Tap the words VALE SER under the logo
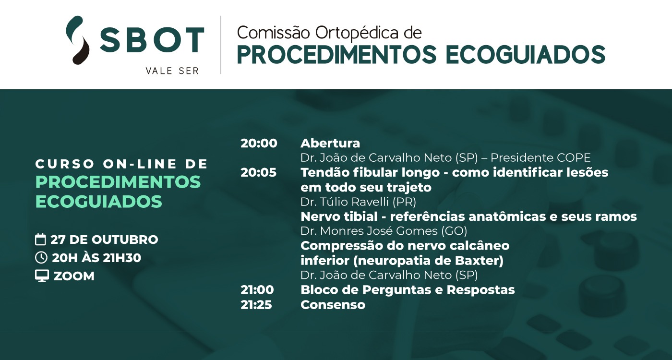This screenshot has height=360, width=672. click(x=172, y=71)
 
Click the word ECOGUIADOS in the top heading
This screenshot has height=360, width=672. click(x=525, y=55)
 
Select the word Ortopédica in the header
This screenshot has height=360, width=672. click(x=357, y=34)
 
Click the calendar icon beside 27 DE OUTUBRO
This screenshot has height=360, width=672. click(x=40, y=240)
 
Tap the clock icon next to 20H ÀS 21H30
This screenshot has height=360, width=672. click(x=41, y=258)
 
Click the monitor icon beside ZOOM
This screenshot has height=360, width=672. click(x=42, y=276)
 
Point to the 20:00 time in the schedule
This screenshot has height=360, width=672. click(x=259, y=143)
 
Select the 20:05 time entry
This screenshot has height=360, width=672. click(x=258, y=172)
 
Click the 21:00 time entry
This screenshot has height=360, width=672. click(x=257, y=290)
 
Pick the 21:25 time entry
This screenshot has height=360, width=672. click(x=256, y=305)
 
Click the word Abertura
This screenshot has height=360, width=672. click(x=330, y=143)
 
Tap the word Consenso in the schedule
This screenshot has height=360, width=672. click(x=333, y=305)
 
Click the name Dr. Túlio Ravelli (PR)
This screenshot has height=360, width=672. click(x=358, y=202)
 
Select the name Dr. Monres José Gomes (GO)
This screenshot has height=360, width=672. click(x=384, y=231)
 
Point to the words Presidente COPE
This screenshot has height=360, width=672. click(x=540, y=158)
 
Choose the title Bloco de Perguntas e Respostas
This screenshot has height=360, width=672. click(x=408, y=290)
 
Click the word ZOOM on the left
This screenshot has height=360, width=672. click(x=74, y=276)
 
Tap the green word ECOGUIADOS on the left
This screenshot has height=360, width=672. click(x=99, y=201)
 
